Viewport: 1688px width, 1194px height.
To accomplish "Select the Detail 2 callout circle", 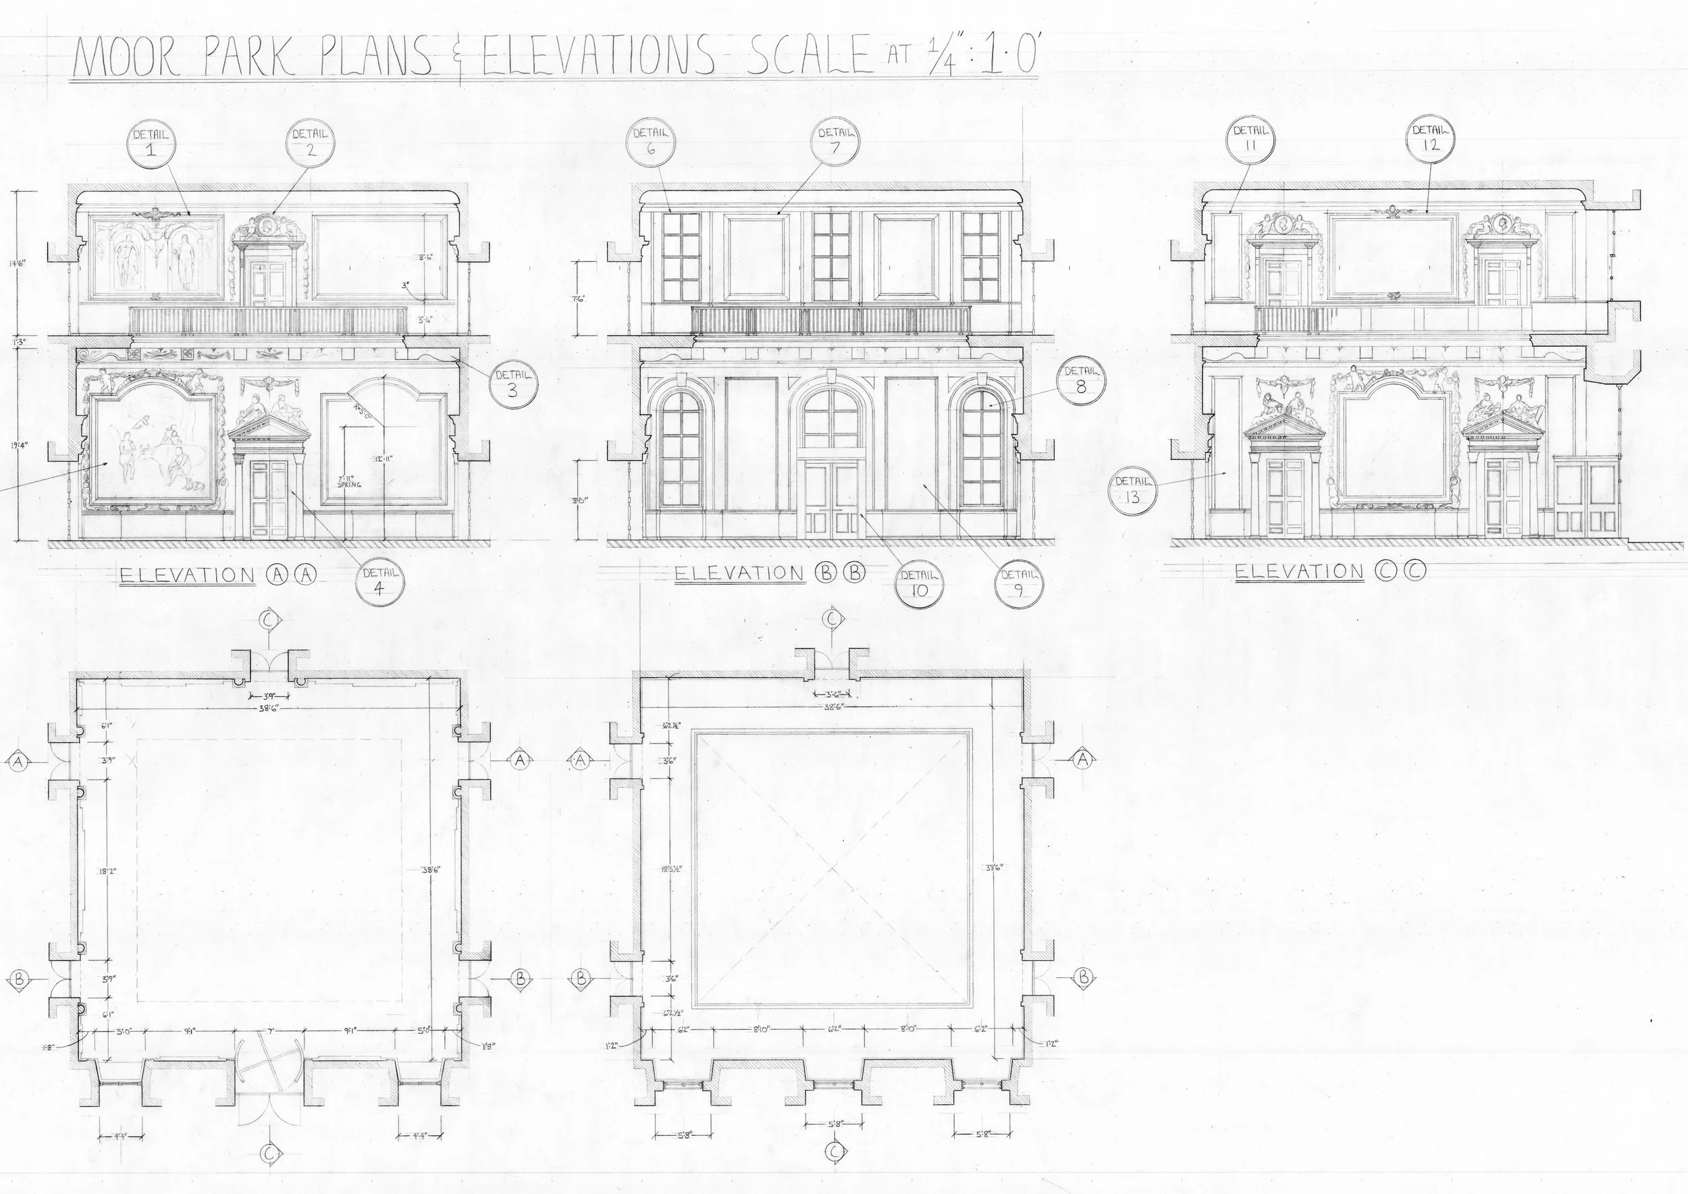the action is [310, 143].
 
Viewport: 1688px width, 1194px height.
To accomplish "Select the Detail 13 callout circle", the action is [1132, 490].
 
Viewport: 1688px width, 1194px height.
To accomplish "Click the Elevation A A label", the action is [217, 575].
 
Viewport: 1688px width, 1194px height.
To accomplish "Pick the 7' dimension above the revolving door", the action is [270, 1031].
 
